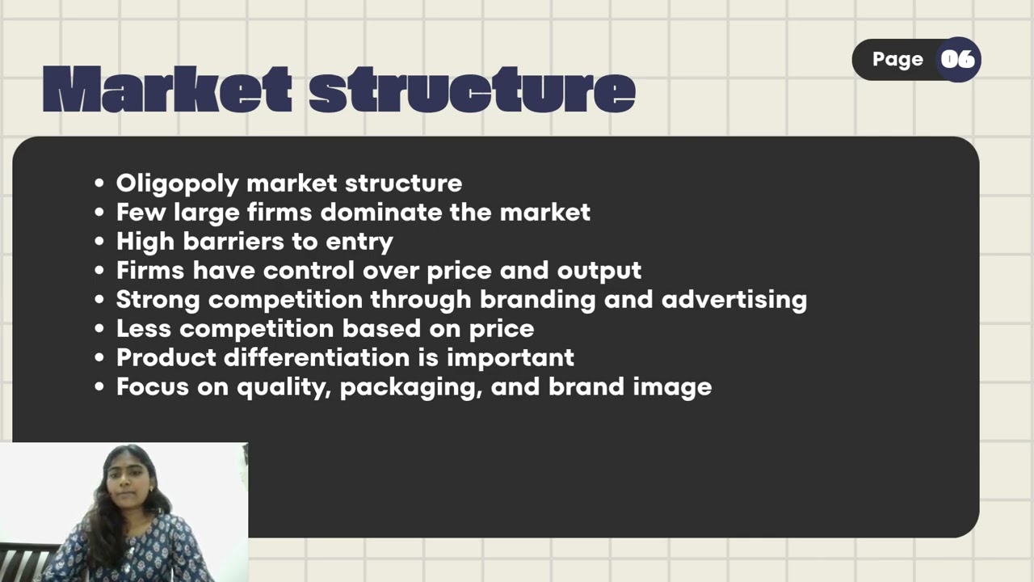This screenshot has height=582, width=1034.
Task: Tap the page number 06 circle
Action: coord(958,59)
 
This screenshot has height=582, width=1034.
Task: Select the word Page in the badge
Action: coord(897,59)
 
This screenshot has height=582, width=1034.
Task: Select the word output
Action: coord(599,270)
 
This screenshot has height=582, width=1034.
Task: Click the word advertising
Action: coord(734,299)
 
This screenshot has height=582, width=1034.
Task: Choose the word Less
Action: coord(144,328)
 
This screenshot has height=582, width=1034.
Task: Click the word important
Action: coord(510,357)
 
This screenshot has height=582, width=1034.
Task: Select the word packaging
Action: coord(410,387)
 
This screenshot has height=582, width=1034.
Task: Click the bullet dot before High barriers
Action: coord(99,242)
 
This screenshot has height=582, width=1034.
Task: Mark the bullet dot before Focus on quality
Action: coord(99,387)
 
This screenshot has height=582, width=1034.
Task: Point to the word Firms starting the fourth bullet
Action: coord(147,270)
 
